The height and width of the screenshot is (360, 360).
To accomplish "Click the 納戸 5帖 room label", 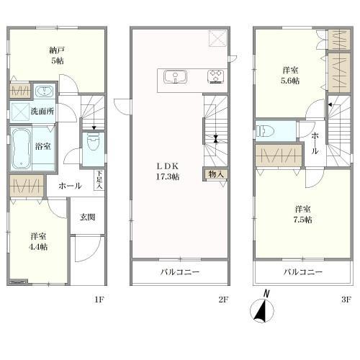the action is tap(57, 55).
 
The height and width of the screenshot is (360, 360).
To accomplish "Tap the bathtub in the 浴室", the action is tap(21, 148).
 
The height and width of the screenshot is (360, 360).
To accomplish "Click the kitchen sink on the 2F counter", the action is tap(176, 77).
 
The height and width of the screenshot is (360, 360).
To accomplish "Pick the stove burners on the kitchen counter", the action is tap(216, 76).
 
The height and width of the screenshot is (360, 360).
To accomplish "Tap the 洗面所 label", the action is tap(42, 112).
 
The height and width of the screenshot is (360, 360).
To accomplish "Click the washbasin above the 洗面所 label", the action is tap(45, 91).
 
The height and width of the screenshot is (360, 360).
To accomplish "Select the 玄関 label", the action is tap(87, 217).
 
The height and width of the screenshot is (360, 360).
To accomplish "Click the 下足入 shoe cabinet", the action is tap(99, 180).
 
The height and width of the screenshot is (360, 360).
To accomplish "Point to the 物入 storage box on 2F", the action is tap(216, 174).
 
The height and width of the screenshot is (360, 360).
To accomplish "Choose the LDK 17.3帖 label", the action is tap(168, 171).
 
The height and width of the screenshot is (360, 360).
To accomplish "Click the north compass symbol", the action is tap(262, 309).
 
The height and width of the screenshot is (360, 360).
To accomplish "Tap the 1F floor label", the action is tap(99, 300).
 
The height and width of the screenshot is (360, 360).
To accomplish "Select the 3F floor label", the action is tap(346, 300).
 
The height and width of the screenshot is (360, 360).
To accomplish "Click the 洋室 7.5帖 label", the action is tap(303, 215).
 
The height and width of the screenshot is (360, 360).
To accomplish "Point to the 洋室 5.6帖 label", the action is tap(290, 76).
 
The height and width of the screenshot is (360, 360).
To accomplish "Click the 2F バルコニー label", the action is tap(180, 272).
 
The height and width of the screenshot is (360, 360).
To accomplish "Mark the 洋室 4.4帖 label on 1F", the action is tap(38, 241).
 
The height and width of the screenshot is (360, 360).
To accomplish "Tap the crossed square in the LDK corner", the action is tap(217, 38).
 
